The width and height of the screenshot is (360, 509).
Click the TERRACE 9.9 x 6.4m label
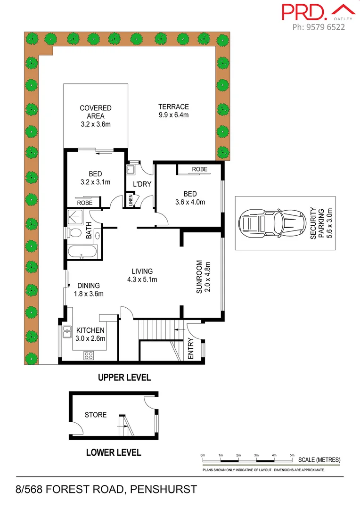click(x=173, y=111)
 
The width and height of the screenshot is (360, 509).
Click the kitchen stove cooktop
click(x=89, y=356)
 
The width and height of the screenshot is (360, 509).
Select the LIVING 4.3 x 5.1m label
click(x=142, y=275)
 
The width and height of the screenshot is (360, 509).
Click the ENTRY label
click(x=191, y=349)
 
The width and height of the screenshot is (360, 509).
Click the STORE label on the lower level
click(x=95, y=415)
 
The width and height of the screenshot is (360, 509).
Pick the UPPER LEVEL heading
click(x=124, y=377)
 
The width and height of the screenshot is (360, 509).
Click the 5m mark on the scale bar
click(x=292, y=455)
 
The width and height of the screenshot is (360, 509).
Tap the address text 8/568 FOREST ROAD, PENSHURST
click(x=106, y=489)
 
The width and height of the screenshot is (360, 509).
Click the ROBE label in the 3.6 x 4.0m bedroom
click(x=200, y=169)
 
